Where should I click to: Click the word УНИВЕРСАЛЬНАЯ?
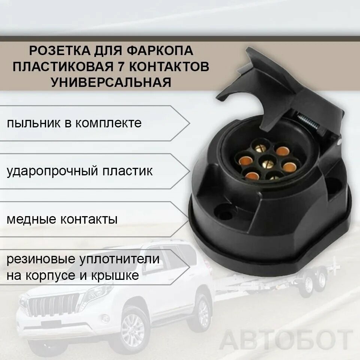111,82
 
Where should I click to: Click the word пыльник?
32,123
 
